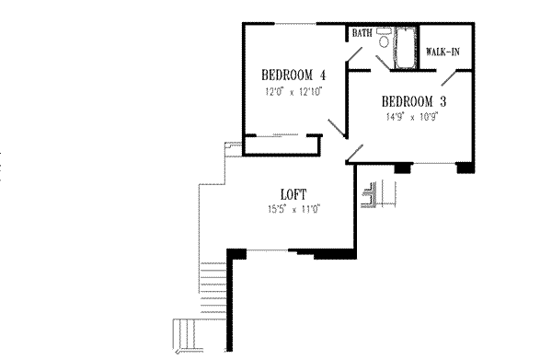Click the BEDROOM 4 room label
click(x=293, y=75)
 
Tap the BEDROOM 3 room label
click(x=414, y=100)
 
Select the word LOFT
click(x=293, y=194)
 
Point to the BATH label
click(x=361, y=33)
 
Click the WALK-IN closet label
click(x=443, y=52)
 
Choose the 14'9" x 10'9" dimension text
click(x=413, y=118)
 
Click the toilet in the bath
click(x=384, y=41)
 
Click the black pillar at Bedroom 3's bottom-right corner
click(x=466, y=168)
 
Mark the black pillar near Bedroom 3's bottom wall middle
click(x=402, y=168)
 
